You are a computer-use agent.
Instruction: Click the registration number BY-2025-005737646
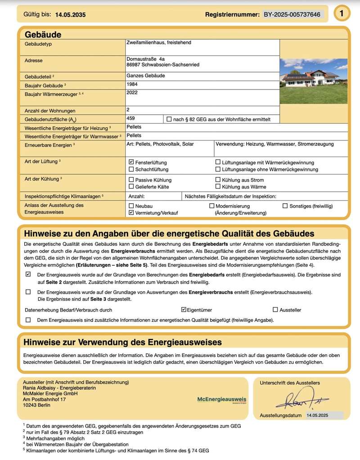[292, 14]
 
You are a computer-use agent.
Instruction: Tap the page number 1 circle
[342, 14]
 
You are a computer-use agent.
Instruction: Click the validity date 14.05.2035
[70, 15]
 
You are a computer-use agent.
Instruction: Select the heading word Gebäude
[43, 35]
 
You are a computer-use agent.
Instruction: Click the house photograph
[313, 81]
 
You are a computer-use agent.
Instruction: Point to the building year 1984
[132, 84]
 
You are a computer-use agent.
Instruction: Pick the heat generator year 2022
[132, 93]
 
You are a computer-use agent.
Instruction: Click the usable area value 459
[131, 119]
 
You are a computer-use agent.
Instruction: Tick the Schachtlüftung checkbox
[131, 170]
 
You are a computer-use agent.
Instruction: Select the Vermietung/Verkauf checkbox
[131, 213]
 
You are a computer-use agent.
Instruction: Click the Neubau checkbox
[131, 205]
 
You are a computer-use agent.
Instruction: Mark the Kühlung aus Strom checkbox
[218, 180]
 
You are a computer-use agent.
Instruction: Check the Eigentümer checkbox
[184, 310]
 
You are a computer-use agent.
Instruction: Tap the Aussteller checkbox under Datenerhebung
[275, 310]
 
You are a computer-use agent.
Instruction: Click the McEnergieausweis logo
[222, 399]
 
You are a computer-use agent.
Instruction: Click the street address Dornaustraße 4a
[145, 59]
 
